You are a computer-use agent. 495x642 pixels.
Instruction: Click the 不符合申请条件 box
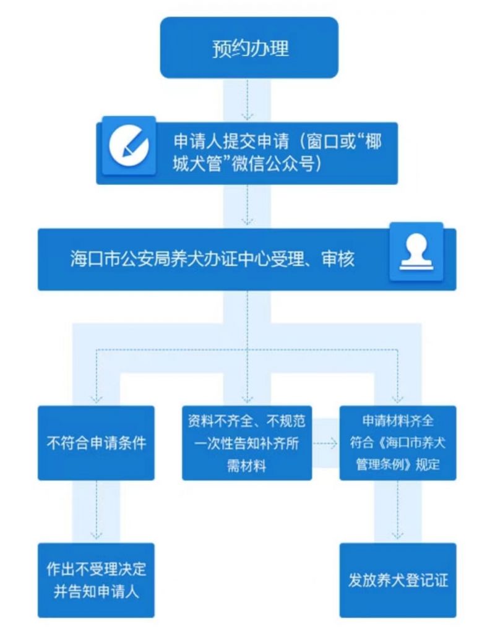click(96, 443)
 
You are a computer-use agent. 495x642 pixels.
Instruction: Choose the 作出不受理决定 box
click(96, 580)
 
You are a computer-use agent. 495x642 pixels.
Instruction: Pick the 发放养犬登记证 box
click(398, 580)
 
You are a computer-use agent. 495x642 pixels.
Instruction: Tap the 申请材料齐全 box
click(398, 443)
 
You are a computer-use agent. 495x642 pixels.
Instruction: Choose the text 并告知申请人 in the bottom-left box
click(96, 590)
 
